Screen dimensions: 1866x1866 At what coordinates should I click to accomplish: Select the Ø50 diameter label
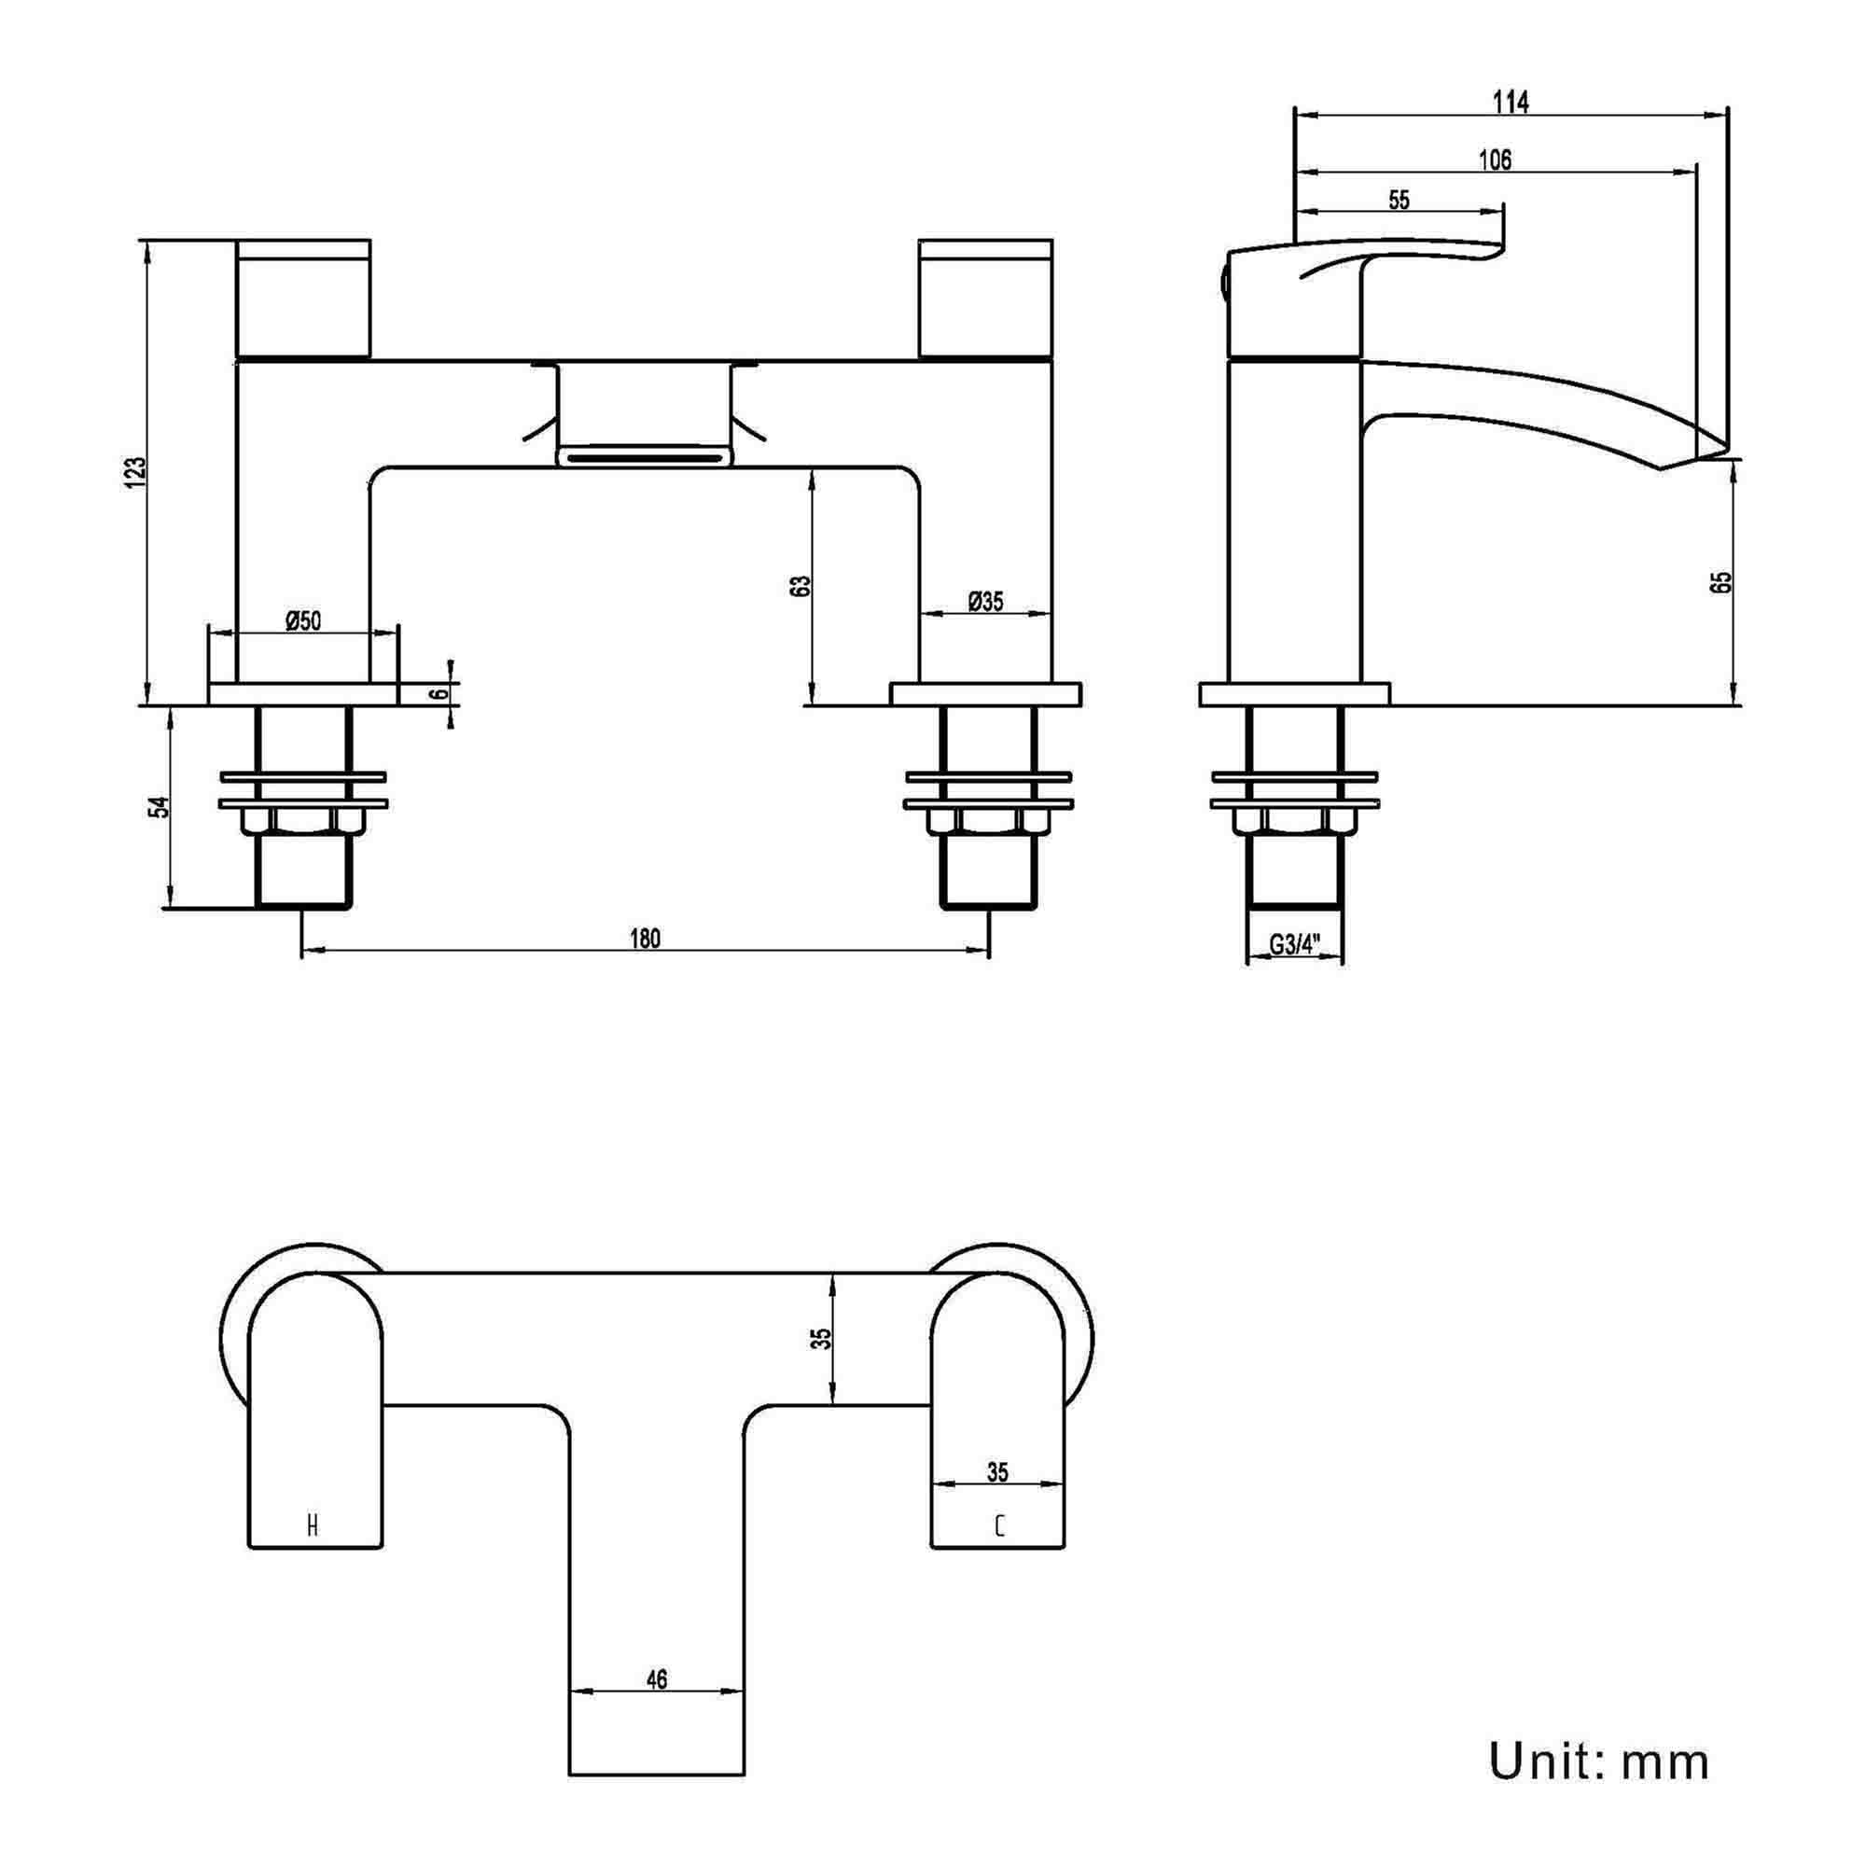(302, 620)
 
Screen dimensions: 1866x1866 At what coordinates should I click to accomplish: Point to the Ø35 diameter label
(985, 601)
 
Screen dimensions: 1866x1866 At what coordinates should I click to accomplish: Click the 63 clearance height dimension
(801, 586)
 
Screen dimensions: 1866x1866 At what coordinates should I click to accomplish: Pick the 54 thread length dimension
(161, 806)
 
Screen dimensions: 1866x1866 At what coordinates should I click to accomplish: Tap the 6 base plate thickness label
(440, 693)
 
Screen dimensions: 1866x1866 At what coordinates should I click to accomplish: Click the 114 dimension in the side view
(1511, 102)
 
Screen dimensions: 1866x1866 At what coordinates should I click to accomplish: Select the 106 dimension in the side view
(1495, 160)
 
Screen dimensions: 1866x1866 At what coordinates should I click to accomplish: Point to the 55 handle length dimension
(1399, 199)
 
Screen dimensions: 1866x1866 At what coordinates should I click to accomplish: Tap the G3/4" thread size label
(1294, 944)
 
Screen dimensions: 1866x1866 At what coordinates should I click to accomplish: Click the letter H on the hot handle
(312, 1526)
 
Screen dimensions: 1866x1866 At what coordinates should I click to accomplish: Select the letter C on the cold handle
(998, 1526)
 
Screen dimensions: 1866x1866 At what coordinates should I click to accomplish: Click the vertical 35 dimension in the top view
(821, 1339)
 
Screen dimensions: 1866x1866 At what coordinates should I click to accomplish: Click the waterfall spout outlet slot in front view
(643, 455)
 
